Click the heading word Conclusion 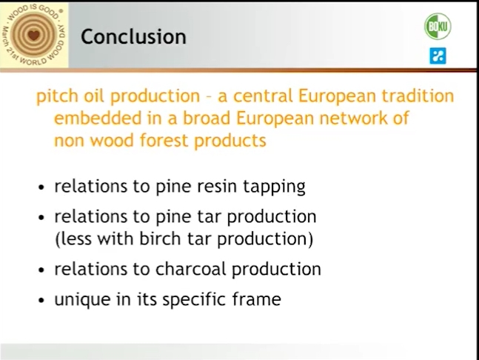click(133, 37)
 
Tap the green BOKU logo click(438, 26)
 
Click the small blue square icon click(438, 56)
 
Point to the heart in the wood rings click(34, 35)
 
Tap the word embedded click(98, 118)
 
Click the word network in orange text click(353, 118)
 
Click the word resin click(217, 186)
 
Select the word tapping click(274, 187)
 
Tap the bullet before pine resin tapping click(41, 187)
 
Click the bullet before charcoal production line click(41, 270)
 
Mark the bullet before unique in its click(41, 300)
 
